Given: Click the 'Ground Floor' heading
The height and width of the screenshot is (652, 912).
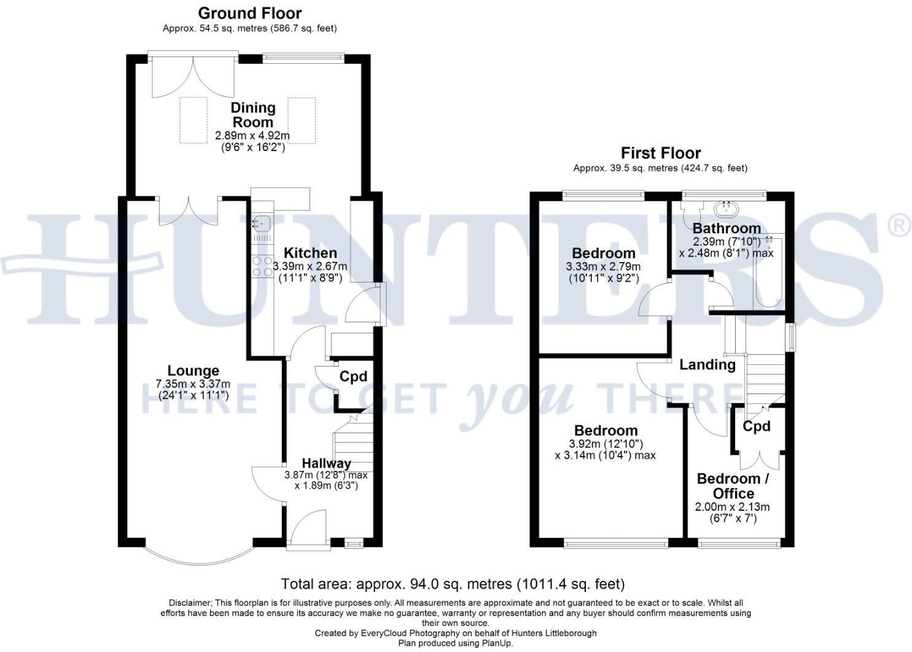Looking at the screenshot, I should click(249, 13).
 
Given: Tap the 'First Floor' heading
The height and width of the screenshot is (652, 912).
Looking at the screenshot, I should click(660, 153).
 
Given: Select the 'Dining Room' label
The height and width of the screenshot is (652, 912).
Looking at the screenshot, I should click(252, 115).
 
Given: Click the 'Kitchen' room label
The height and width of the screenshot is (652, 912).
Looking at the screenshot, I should click(310, 253).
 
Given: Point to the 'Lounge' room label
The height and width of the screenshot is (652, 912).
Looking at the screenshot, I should click(193, 371).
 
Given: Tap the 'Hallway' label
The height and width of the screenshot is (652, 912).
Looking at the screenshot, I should click(326, 464).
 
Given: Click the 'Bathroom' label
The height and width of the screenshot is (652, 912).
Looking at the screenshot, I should click(726, 228).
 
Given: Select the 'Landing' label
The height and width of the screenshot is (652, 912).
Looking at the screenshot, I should click(707, 365).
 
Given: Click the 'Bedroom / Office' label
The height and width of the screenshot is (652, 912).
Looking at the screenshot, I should click(733, 486).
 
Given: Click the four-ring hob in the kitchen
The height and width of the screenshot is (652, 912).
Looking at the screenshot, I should click(263, 266).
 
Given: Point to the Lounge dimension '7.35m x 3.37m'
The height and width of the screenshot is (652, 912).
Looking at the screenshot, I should click(193, 384).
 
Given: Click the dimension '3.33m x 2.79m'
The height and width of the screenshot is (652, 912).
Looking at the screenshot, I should click(603, 266).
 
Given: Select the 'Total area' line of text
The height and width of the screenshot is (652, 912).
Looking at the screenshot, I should click(452, 584).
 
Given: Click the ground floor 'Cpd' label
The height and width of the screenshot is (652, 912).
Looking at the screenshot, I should click(353, 376).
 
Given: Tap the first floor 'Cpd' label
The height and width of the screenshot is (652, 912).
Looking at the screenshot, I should click(757, 425).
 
